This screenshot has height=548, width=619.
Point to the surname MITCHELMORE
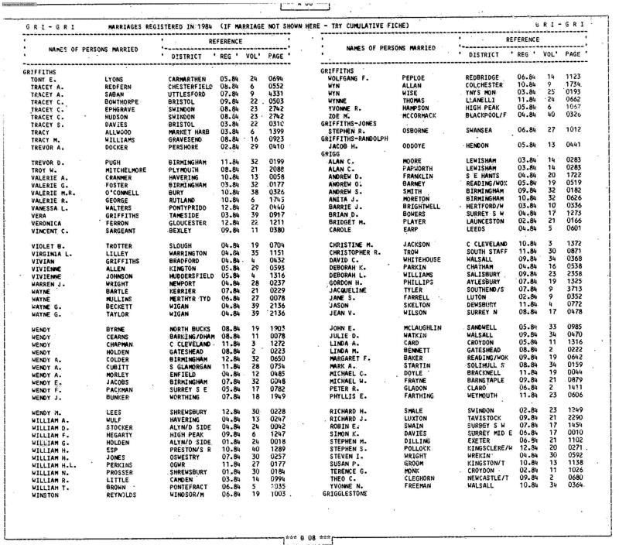coord(127,168)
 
